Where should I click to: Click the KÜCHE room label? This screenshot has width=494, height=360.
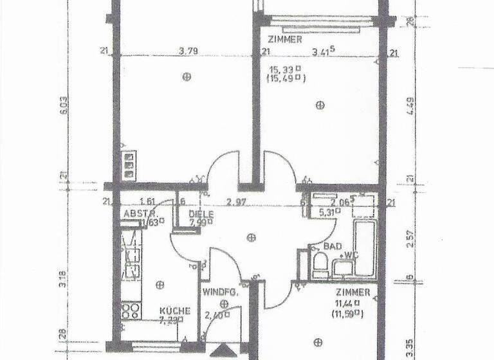pyautogui.click(x=174, y=310)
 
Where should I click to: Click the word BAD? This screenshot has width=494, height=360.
pyautogui.click(x=333, y=246)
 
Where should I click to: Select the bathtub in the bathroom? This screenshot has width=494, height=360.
pyautogui.click(x=363, y=248)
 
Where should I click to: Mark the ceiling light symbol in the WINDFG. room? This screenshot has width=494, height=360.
pyautogui.click(x=224, y=303)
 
